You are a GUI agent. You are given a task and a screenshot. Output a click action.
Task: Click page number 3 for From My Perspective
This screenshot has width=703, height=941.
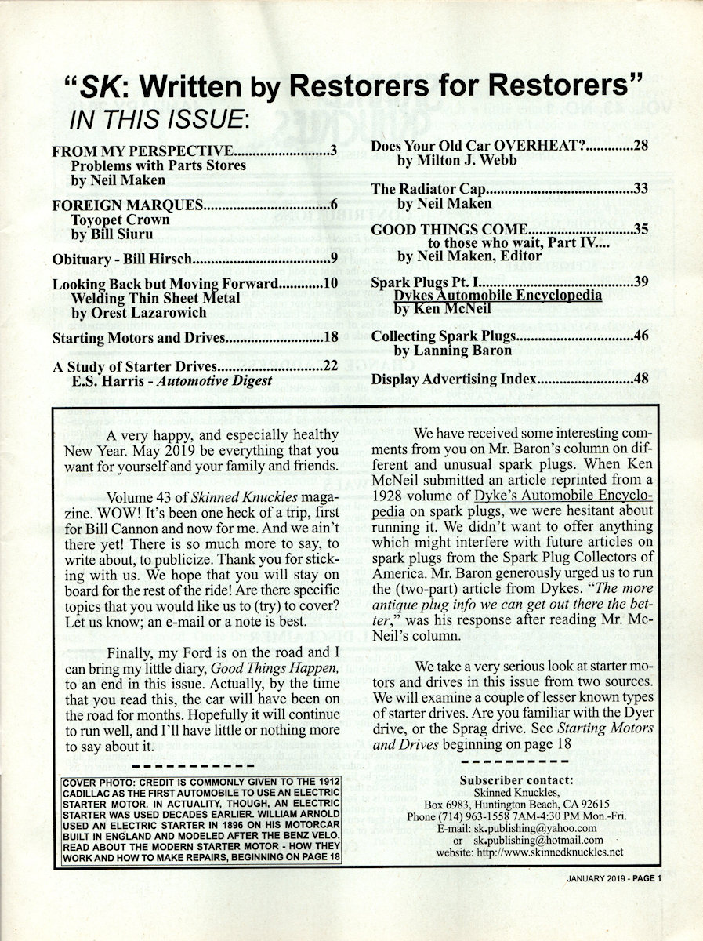pos(333,151)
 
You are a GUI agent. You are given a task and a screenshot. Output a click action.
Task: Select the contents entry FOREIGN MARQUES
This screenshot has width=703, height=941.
pos(128,206)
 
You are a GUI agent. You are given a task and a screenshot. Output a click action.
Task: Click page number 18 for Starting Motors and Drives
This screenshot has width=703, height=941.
pos(330,339)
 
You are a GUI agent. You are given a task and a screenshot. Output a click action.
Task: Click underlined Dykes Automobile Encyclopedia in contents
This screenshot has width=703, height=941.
pos(498,296)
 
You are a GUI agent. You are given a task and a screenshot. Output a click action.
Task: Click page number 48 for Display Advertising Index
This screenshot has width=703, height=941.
pos(640,380)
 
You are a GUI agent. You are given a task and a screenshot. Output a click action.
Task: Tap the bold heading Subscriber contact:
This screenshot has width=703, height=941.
pos(516,779)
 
